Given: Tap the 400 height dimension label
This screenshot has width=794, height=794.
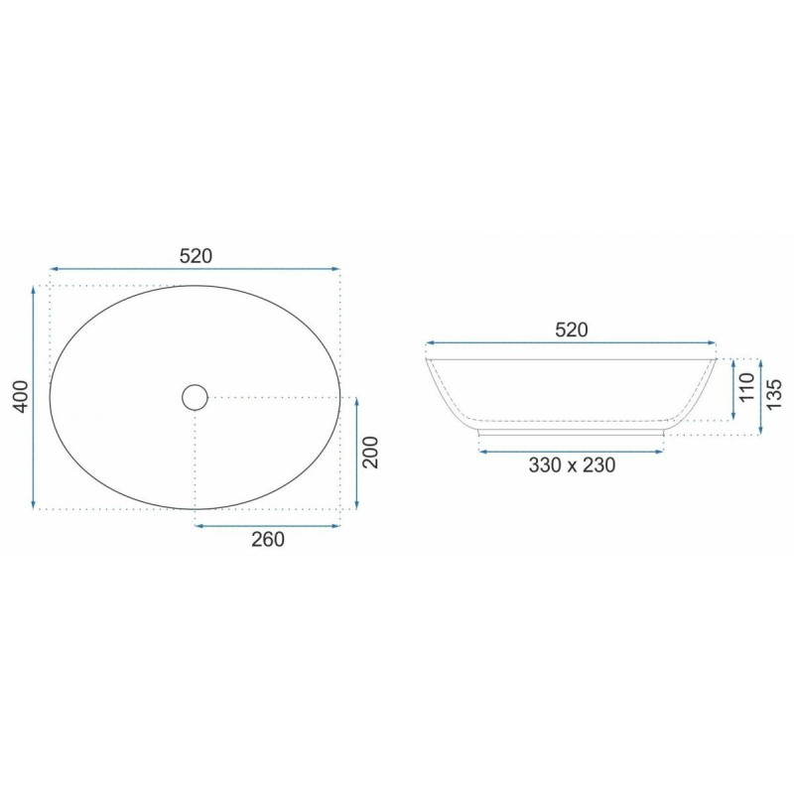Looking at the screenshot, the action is click(x=21, y=396).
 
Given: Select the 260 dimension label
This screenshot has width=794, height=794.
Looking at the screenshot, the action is click(x=268, y=540).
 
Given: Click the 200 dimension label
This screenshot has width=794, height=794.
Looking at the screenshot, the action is click(x=371, y=453).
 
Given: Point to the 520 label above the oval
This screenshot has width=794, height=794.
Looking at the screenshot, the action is click(x=196, y=256).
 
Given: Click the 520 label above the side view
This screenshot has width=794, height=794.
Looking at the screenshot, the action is click(x=572, y=331).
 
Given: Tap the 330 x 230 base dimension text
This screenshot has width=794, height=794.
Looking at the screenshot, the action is click(x=572, y=464).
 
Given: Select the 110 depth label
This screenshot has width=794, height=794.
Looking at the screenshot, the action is click(x=747, y=387).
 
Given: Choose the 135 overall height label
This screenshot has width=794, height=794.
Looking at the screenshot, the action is click(x=775, y=394).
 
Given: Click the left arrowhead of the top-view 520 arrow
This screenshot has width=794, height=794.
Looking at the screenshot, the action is click(x=54, y=269).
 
